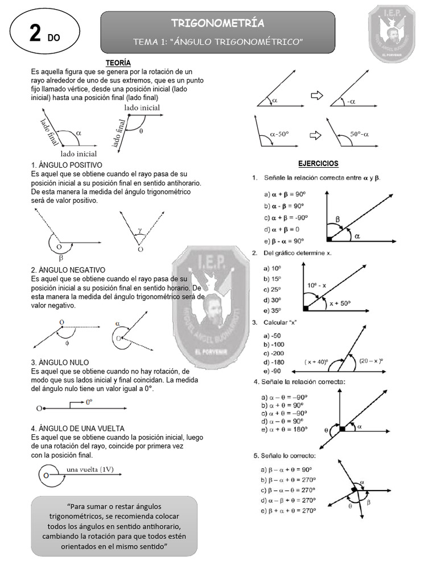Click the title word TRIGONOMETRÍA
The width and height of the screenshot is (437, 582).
[x=217, y=23]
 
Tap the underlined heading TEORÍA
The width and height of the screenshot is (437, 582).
[x=118, y=63]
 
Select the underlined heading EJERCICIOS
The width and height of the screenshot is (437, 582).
[x=318, y=164]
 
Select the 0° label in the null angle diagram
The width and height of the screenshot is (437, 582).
[x=90, y=402]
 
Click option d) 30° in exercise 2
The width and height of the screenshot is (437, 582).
[x=273, y=300]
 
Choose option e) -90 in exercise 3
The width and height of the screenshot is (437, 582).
[x=271, y=371]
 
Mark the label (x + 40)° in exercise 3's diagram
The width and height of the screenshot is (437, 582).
[x=316, y=361]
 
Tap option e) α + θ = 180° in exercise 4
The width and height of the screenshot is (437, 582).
[x=285, y=430]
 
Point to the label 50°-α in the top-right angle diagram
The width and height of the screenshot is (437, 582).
[x=360, y=135]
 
